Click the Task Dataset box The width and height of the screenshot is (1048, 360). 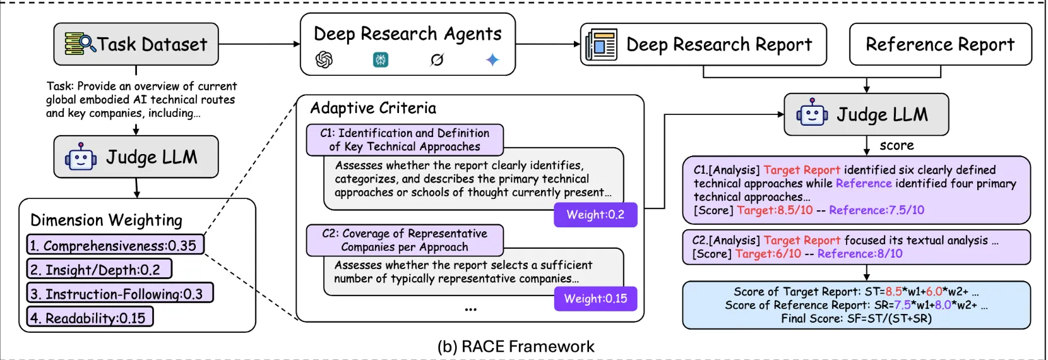(x=136, y=44)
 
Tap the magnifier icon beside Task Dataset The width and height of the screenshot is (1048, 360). (x=80, y=44)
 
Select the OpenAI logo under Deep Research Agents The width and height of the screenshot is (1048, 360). (x=324, y=60)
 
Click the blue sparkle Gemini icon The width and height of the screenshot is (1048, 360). (x=492, y=60)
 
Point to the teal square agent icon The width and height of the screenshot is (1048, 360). (x=381, y=60)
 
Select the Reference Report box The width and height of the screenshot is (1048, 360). (x=940, y=44)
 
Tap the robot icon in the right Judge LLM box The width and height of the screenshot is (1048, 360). (x=812, y=114)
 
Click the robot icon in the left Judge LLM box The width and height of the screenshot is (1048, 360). (x=81, y=157)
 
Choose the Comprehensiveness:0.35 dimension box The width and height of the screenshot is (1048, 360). (x=115, y=245)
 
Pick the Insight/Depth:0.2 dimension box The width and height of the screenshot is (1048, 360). (x=98, y=269)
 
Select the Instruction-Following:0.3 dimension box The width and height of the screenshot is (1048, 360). (x=119, y=293)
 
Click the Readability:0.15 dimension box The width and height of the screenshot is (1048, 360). (x=90, y=317)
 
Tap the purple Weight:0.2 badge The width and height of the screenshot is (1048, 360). (x=595, y=215)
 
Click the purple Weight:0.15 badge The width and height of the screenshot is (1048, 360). (x=595, y=299)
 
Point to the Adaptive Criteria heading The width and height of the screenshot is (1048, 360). (x=373, y=108)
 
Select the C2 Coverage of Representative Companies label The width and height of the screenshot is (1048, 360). (x=405, y=240)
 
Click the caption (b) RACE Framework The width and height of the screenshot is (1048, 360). (x=516, y=347)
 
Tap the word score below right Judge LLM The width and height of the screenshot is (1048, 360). (x=896, y=145)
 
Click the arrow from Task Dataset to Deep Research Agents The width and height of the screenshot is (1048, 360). (x=259, y=44)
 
